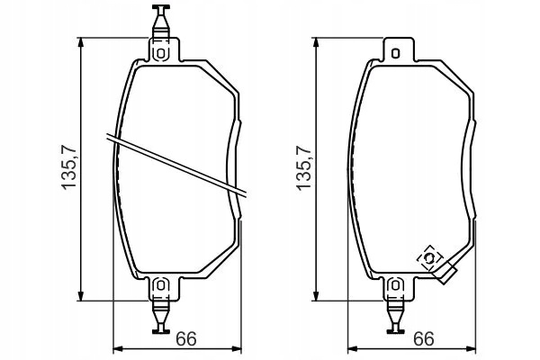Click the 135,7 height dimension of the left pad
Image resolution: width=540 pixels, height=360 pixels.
pyautogui.click(x=68, y=168)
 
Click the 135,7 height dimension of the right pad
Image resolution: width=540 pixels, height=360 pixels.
pyautogui.click(x=303, y=168)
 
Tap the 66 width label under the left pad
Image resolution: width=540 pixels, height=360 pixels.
pyautogui.click(x=186, y=339)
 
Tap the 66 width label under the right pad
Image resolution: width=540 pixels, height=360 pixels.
pyautogui.click(x=424, y=339)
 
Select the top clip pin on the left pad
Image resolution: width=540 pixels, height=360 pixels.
pyautogui.click(x=161, y=22)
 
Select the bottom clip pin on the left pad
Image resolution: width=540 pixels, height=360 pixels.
pyautogui.click(x=161, y=317)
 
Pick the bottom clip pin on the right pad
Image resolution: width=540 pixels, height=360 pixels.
pyautogui.click(x=395, y=317)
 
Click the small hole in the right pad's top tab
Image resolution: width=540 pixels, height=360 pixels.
pyautogui.click(x=396, y=53)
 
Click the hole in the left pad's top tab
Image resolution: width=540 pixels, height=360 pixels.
pyautogui.click(x=160, y=53)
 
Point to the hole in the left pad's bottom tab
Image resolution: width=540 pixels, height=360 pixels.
pyautogui.click(x=160, y=285)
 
